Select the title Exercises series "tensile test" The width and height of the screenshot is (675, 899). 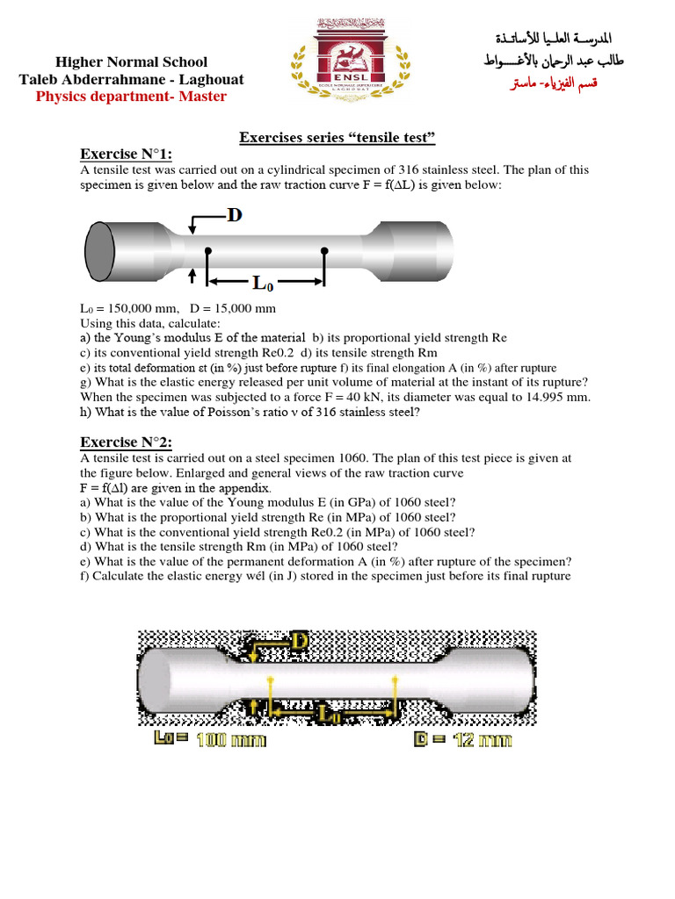337,138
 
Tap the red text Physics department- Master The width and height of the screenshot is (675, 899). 131,96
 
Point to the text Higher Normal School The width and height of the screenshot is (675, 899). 132,61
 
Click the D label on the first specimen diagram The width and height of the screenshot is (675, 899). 234,215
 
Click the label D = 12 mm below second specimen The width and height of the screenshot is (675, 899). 463,740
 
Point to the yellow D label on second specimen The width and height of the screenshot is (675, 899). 299,642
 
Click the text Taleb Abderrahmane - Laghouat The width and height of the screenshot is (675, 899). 132,79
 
